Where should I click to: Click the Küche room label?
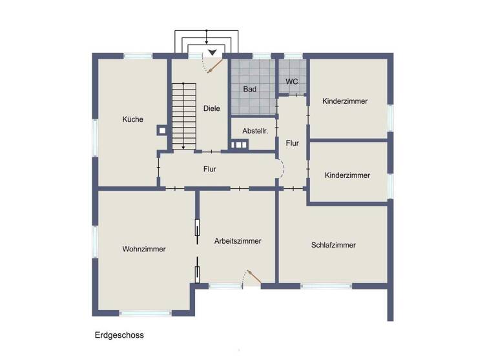(132, 119)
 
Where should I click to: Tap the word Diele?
(211, 108)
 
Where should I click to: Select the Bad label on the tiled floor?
(250, 90)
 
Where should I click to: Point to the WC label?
(292, 82)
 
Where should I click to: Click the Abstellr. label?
(254, 131)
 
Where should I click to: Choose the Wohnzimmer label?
(143, 249)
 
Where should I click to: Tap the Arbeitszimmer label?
(238, 241)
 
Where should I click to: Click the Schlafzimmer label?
(333, 245)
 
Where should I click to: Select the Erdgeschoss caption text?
(119, 335)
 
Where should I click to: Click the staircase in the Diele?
(183, 116)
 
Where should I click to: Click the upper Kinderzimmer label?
(345, 101)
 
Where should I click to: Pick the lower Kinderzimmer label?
(347, 175)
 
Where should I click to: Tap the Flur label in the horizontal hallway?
(209, 170)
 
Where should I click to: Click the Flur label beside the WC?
(292, 143)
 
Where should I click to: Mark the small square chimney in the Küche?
(161, 130)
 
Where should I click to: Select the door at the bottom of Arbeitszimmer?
(251, 277)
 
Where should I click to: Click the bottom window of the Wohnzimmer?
(146, 313)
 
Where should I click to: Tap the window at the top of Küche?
(138, 56)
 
